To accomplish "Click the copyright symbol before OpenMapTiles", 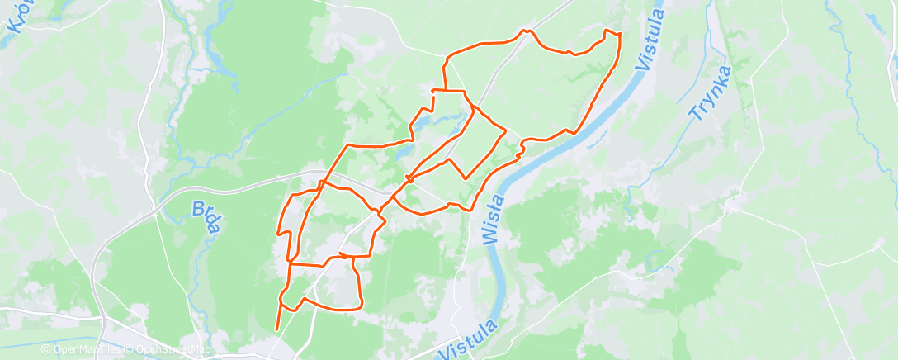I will click(45, 349).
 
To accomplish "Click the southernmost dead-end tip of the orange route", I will click(276, 330).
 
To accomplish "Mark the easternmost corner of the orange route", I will click(619, 35).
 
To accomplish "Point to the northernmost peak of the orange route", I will click(526, 31).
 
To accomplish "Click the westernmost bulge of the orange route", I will click(278, 234).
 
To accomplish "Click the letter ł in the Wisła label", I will click(490, 213).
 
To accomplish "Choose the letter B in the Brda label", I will click(198, 206).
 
